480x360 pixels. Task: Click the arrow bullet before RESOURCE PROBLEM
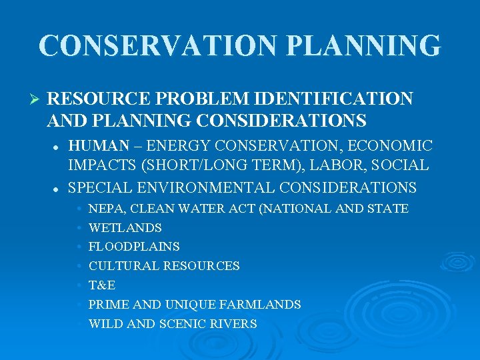(37, 100)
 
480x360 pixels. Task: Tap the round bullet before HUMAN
(59, 146)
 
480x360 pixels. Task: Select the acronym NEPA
(103, 209)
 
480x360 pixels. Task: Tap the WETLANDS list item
(125, 228)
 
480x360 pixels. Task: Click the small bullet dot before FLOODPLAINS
(79, 247)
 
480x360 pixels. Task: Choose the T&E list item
(102, 285)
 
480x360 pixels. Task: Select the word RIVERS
(235, 324)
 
